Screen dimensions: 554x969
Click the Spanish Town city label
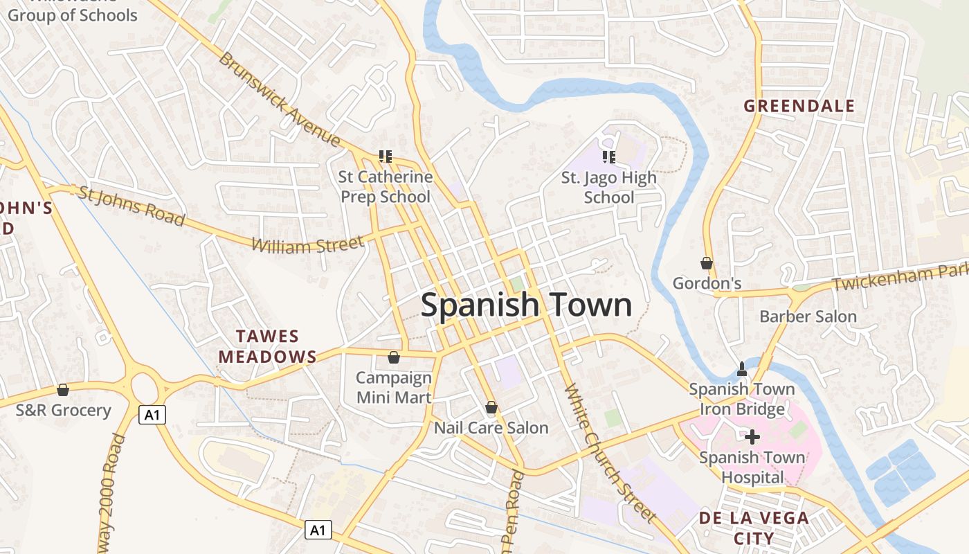click(526, 305)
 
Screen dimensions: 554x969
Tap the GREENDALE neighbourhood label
click(799, 106)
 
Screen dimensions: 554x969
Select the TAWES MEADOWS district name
click(268, 347)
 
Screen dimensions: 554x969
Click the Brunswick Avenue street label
click(280, 100)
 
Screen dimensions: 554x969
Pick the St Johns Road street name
click(131, 206)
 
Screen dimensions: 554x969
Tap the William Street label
click(307, 244)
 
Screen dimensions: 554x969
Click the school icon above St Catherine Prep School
click(386, 157)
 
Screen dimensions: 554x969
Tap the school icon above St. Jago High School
click(609, 157)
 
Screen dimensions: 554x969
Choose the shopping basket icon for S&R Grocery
click(63, 390)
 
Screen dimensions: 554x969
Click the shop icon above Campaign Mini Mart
click(393, 357)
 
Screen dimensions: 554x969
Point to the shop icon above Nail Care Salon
click(491, 407)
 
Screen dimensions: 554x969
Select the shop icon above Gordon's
click(707, 263)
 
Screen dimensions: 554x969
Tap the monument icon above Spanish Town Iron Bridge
click(742, 368)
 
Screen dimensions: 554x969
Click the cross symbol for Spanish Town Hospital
click(752, 437)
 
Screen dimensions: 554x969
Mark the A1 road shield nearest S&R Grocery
click(152, 415)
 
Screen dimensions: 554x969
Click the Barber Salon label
click(808, 317)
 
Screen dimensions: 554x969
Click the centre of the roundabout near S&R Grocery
click(144, 386)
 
